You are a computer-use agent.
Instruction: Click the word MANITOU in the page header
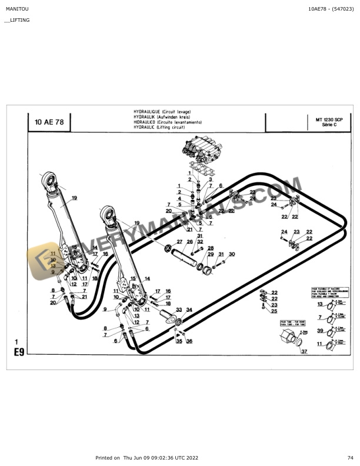(x=16, y=9)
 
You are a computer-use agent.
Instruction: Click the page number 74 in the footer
(x=350, y=457)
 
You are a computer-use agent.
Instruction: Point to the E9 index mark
(x=19, y=354)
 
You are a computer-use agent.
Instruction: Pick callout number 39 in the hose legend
(x=320, y=331)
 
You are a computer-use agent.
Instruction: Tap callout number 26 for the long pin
(x=189, y=242)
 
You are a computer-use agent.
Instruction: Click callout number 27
(x=179, y=242)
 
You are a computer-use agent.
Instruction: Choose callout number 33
(x=179, y=309)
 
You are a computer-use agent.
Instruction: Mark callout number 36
(x=189, y=341)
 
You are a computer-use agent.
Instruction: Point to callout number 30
(x=232, y=254)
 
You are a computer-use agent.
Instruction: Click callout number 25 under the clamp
(x=274, y=311)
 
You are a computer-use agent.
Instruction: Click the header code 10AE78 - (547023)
(x=331, y=9)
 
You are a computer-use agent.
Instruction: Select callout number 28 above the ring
(x=211, y=248)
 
